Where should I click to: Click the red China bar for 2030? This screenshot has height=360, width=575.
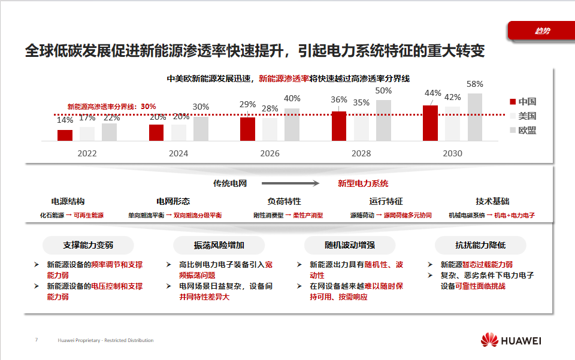(x=430, y=123)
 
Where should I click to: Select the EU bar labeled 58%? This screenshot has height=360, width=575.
(x=475, y=117)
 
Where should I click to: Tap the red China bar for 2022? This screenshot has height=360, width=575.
(x=65, y=135)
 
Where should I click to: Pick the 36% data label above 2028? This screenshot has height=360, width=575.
(x=339, y=99)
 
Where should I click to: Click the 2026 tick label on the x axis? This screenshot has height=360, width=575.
(x=270, y=153)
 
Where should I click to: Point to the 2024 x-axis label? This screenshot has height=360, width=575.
(x=178, y=153)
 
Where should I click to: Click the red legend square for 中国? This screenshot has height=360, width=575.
(x=513, y=102)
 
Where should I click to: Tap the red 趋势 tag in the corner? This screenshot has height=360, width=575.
(x=541, y=31)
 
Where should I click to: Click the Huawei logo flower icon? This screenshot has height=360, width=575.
(x=489, y=340)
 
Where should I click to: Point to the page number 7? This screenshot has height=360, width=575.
(x=36, y=340)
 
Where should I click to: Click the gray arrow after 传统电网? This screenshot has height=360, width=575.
(x=292, y=183)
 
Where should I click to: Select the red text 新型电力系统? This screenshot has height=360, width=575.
(x=363, y=183)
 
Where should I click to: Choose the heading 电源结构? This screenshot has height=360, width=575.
(x=68, y=201)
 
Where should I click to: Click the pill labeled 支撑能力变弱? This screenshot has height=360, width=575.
(x=88, y=245)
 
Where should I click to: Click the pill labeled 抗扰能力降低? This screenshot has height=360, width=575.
(x=480, y=245)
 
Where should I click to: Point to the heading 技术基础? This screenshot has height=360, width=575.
(x=492, y=201)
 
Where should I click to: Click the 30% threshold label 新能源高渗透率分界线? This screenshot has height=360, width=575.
(x=111, y=106)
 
